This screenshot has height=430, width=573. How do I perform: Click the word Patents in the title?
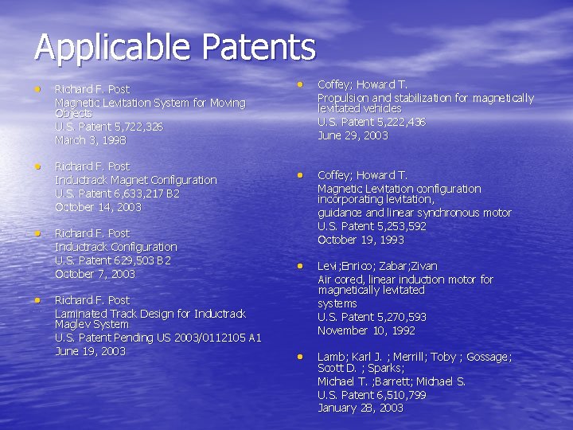pyautogui.click(x=259, y=47)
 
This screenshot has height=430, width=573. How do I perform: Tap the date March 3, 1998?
pyautogui.click(x=91, y=140)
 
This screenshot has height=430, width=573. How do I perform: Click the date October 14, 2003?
pyautogui.click(x=98, y=207)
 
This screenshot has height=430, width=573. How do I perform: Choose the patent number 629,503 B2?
pyautogui.click(x=142, y=260)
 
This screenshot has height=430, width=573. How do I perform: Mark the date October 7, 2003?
pyautogui.click(x=95, y=274)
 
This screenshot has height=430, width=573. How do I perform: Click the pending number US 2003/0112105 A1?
pyautogui.click(x=202, y=338)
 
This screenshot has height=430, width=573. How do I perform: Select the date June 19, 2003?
pyautogui.click(x=90, y=351)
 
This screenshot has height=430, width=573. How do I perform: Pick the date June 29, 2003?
pyautogui.click(x=353, y=135)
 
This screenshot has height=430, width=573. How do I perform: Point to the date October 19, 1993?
pyautogui.click(x=361, y=240)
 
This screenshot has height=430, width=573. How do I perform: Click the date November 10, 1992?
pyautogui.click(x=366, y=330)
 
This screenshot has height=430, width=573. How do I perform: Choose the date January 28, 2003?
pyautogui.click(x=360, y=408)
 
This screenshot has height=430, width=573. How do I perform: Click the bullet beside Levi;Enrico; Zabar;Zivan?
pyautogui.click(x=301, y=265)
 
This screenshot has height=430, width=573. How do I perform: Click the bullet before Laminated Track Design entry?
pyautogui.click(x=37, y=299)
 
